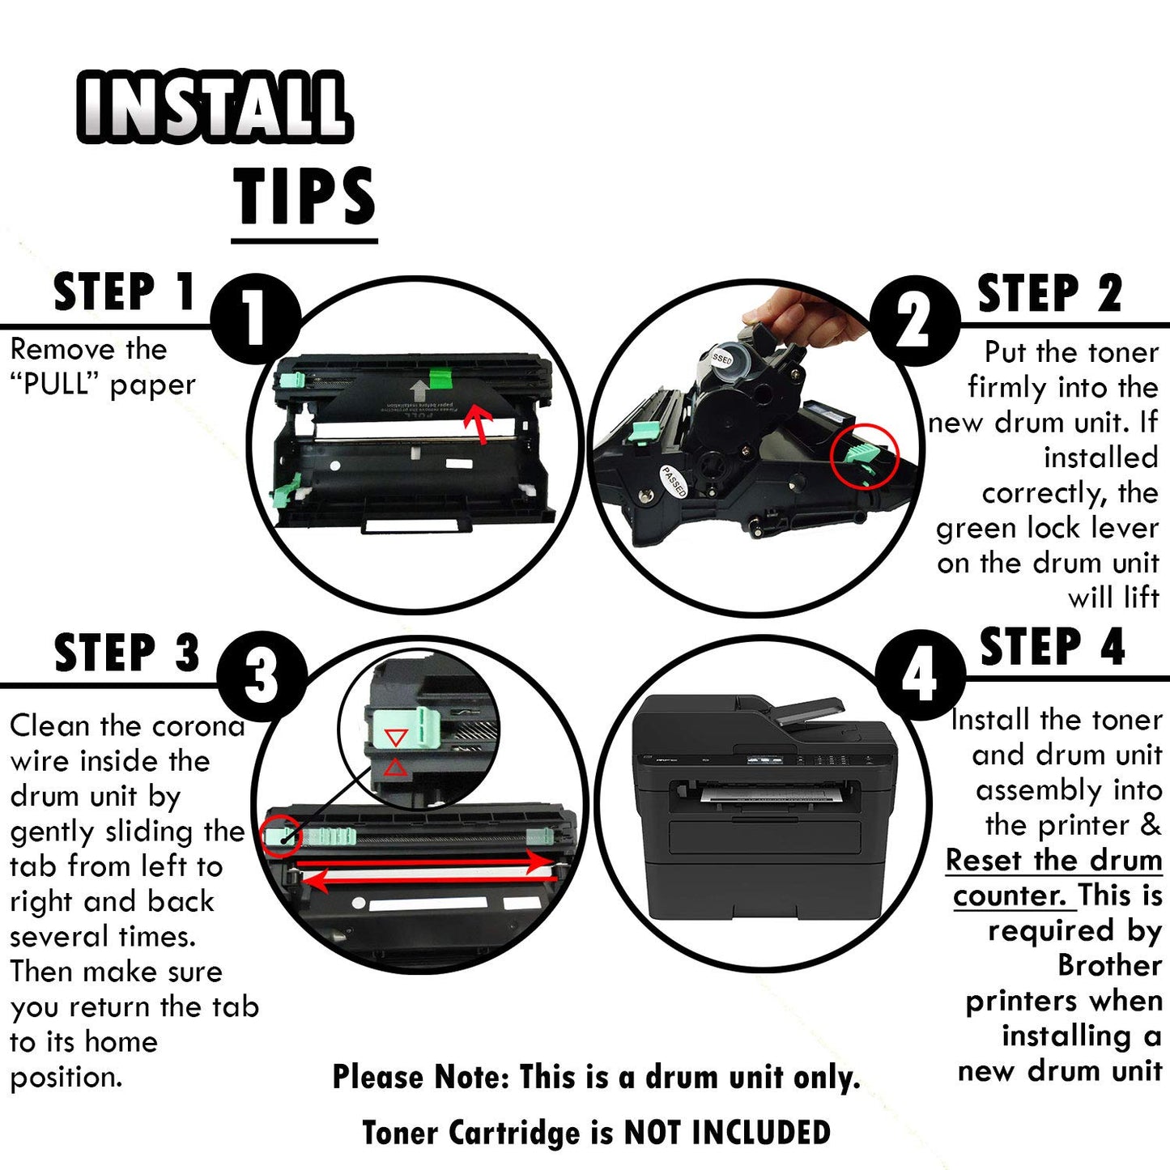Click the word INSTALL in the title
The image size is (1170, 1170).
(215, 108)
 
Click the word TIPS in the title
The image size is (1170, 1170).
(304, 195)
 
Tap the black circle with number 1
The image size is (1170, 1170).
(256, 318)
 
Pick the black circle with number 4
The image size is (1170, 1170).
(921, 675)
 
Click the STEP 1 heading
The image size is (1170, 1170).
(125, 291)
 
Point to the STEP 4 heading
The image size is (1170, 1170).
(1053, 647)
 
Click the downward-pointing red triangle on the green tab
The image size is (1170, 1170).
(395, 738)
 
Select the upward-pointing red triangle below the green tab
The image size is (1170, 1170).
(395, 768)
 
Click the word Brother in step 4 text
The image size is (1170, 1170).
(1109, 965)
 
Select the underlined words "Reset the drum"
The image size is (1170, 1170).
(1053, 861)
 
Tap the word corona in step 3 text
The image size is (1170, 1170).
(198, 726)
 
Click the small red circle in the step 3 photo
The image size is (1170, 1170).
(282, 836)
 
